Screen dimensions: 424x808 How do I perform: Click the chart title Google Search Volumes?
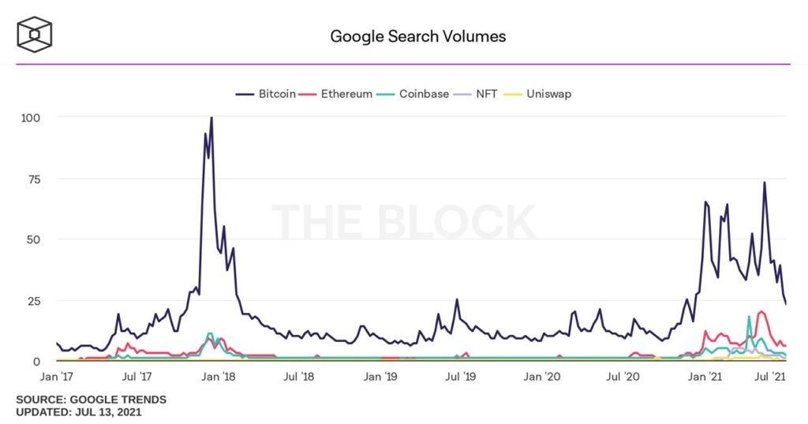[417, 36]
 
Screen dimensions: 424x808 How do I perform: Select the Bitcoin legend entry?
[267, 94]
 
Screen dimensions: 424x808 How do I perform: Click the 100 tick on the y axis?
[30, 117]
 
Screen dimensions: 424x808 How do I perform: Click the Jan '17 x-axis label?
[58, 378]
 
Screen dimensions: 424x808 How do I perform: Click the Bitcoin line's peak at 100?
[211, 118]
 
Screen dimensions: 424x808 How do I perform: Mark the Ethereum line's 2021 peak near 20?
[761, 312]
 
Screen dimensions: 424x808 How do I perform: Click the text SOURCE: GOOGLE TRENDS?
[91, 400]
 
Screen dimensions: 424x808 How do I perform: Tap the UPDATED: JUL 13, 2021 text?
[79, 412]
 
